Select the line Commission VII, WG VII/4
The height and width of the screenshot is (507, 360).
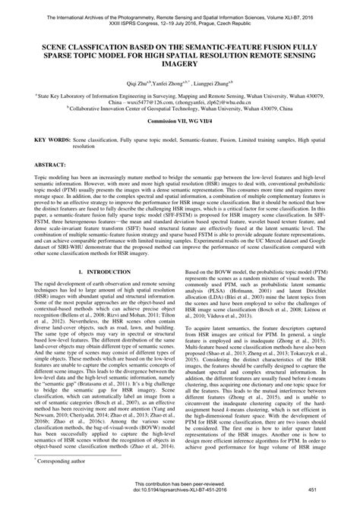click(180, 142)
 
